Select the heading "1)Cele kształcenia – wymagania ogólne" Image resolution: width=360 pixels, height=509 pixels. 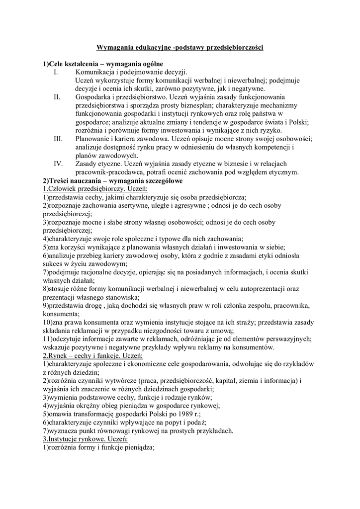[103, 64]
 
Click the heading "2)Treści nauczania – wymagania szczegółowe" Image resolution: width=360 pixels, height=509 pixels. [112, 181]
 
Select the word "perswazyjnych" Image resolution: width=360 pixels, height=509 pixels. [288, 339]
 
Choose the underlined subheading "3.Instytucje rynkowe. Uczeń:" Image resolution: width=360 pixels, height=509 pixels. [85, 439]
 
